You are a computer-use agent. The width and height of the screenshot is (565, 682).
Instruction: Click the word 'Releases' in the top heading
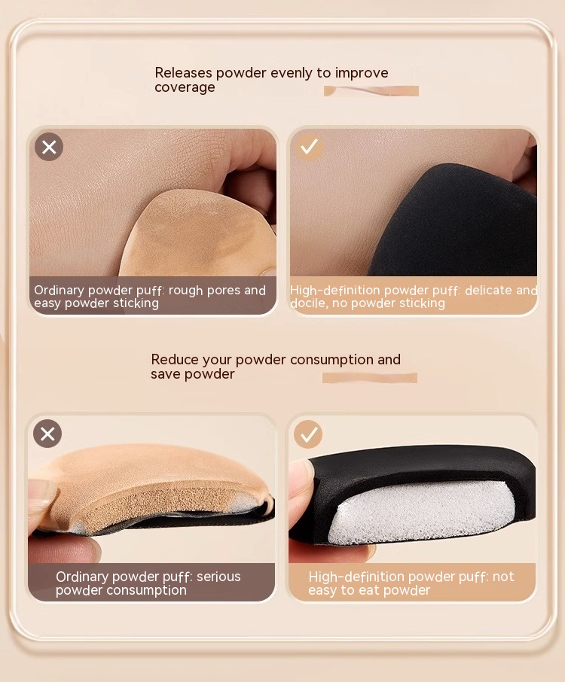pos(183,72)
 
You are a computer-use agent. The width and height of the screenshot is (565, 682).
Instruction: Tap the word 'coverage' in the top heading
pos(185,87)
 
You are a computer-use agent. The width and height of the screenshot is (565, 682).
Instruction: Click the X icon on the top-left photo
pos(49,147)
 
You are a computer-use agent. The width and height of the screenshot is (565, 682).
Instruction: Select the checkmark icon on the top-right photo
pos(309,147)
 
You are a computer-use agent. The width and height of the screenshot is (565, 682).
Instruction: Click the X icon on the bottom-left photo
pos(47,434)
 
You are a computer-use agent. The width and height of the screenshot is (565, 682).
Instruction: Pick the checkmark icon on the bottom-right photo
pos(308,434)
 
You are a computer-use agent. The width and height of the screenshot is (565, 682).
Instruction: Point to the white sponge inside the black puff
pos(420,513)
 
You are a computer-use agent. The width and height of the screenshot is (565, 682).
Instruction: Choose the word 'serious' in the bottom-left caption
pos(218,577)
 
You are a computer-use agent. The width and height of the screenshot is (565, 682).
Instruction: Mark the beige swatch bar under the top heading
pos(371,91)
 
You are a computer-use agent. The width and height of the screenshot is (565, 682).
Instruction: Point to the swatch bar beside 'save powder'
pos(370,378)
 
